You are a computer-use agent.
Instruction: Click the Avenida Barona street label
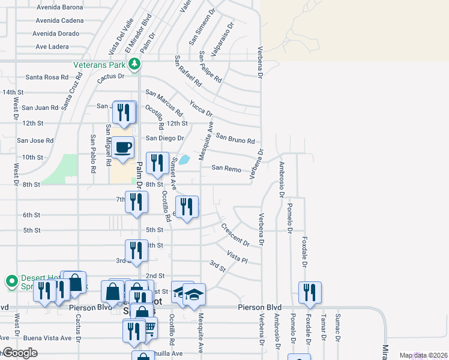(59, 8)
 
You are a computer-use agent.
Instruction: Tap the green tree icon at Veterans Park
(137, 64)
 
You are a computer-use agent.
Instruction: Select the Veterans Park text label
(101, 64)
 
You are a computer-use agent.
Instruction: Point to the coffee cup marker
(123, 146)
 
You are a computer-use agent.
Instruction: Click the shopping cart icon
(149, 328)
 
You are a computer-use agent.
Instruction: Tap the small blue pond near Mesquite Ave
(184, 160)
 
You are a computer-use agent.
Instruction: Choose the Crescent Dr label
(235, 235)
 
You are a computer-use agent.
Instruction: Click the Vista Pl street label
(237, 257)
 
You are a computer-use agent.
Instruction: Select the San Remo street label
(226, 169)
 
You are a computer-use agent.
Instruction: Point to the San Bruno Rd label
(235, 139)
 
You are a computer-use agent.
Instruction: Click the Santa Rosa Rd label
(47, 77)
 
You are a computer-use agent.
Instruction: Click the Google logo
(19, 353)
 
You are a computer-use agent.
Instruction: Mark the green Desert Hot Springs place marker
(11, 280)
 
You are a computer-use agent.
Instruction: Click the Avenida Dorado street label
(56, 33)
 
